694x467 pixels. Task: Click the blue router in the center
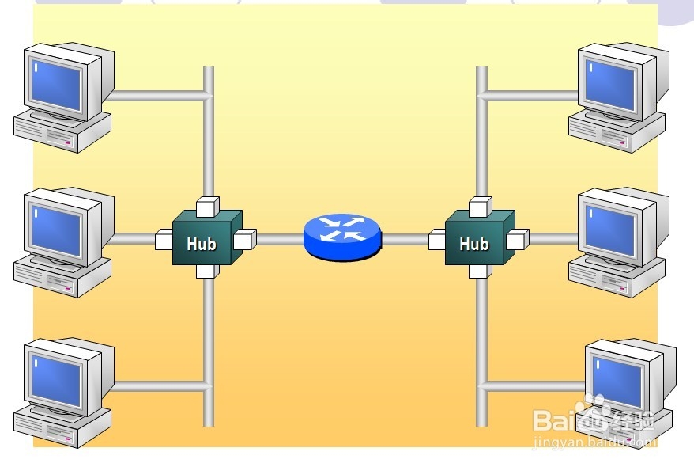point(341,235)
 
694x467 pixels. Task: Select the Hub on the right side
point(475,242)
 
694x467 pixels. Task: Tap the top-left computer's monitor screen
point(56,85)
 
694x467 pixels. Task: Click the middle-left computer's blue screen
point(56,229)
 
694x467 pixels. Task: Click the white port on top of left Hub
point(206,207)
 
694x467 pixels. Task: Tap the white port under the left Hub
point(206,271)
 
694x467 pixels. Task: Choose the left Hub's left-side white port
point(165,238)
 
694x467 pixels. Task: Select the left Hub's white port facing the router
point(245,238)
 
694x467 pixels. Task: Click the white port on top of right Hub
point(479,207)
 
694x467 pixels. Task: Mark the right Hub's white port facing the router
point(438,238)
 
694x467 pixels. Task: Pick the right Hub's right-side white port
point(518,238)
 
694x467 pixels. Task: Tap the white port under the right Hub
point(479,271)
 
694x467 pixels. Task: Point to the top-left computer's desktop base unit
point(60,131)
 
